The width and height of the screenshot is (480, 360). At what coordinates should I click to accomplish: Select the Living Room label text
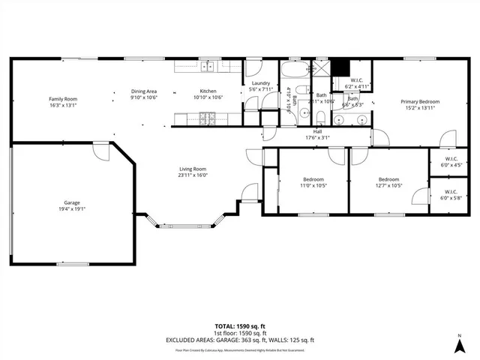(192, 169)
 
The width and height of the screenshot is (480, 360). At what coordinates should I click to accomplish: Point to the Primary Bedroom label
(419, 101)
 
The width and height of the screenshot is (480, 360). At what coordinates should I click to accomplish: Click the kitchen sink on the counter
(207, 67)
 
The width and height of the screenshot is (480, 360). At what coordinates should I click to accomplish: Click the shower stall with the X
(321, 67)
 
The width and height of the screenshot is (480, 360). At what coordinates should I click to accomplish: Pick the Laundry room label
(260, 83)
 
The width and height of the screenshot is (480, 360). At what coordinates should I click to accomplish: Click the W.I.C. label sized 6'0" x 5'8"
(450, 198)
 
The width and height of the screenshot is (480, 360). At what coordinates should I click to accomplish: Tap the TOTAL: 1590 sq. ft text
(240, 326)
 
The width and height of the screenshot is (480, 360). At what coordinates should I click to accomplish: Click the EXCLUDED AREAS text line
(240, 340)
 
